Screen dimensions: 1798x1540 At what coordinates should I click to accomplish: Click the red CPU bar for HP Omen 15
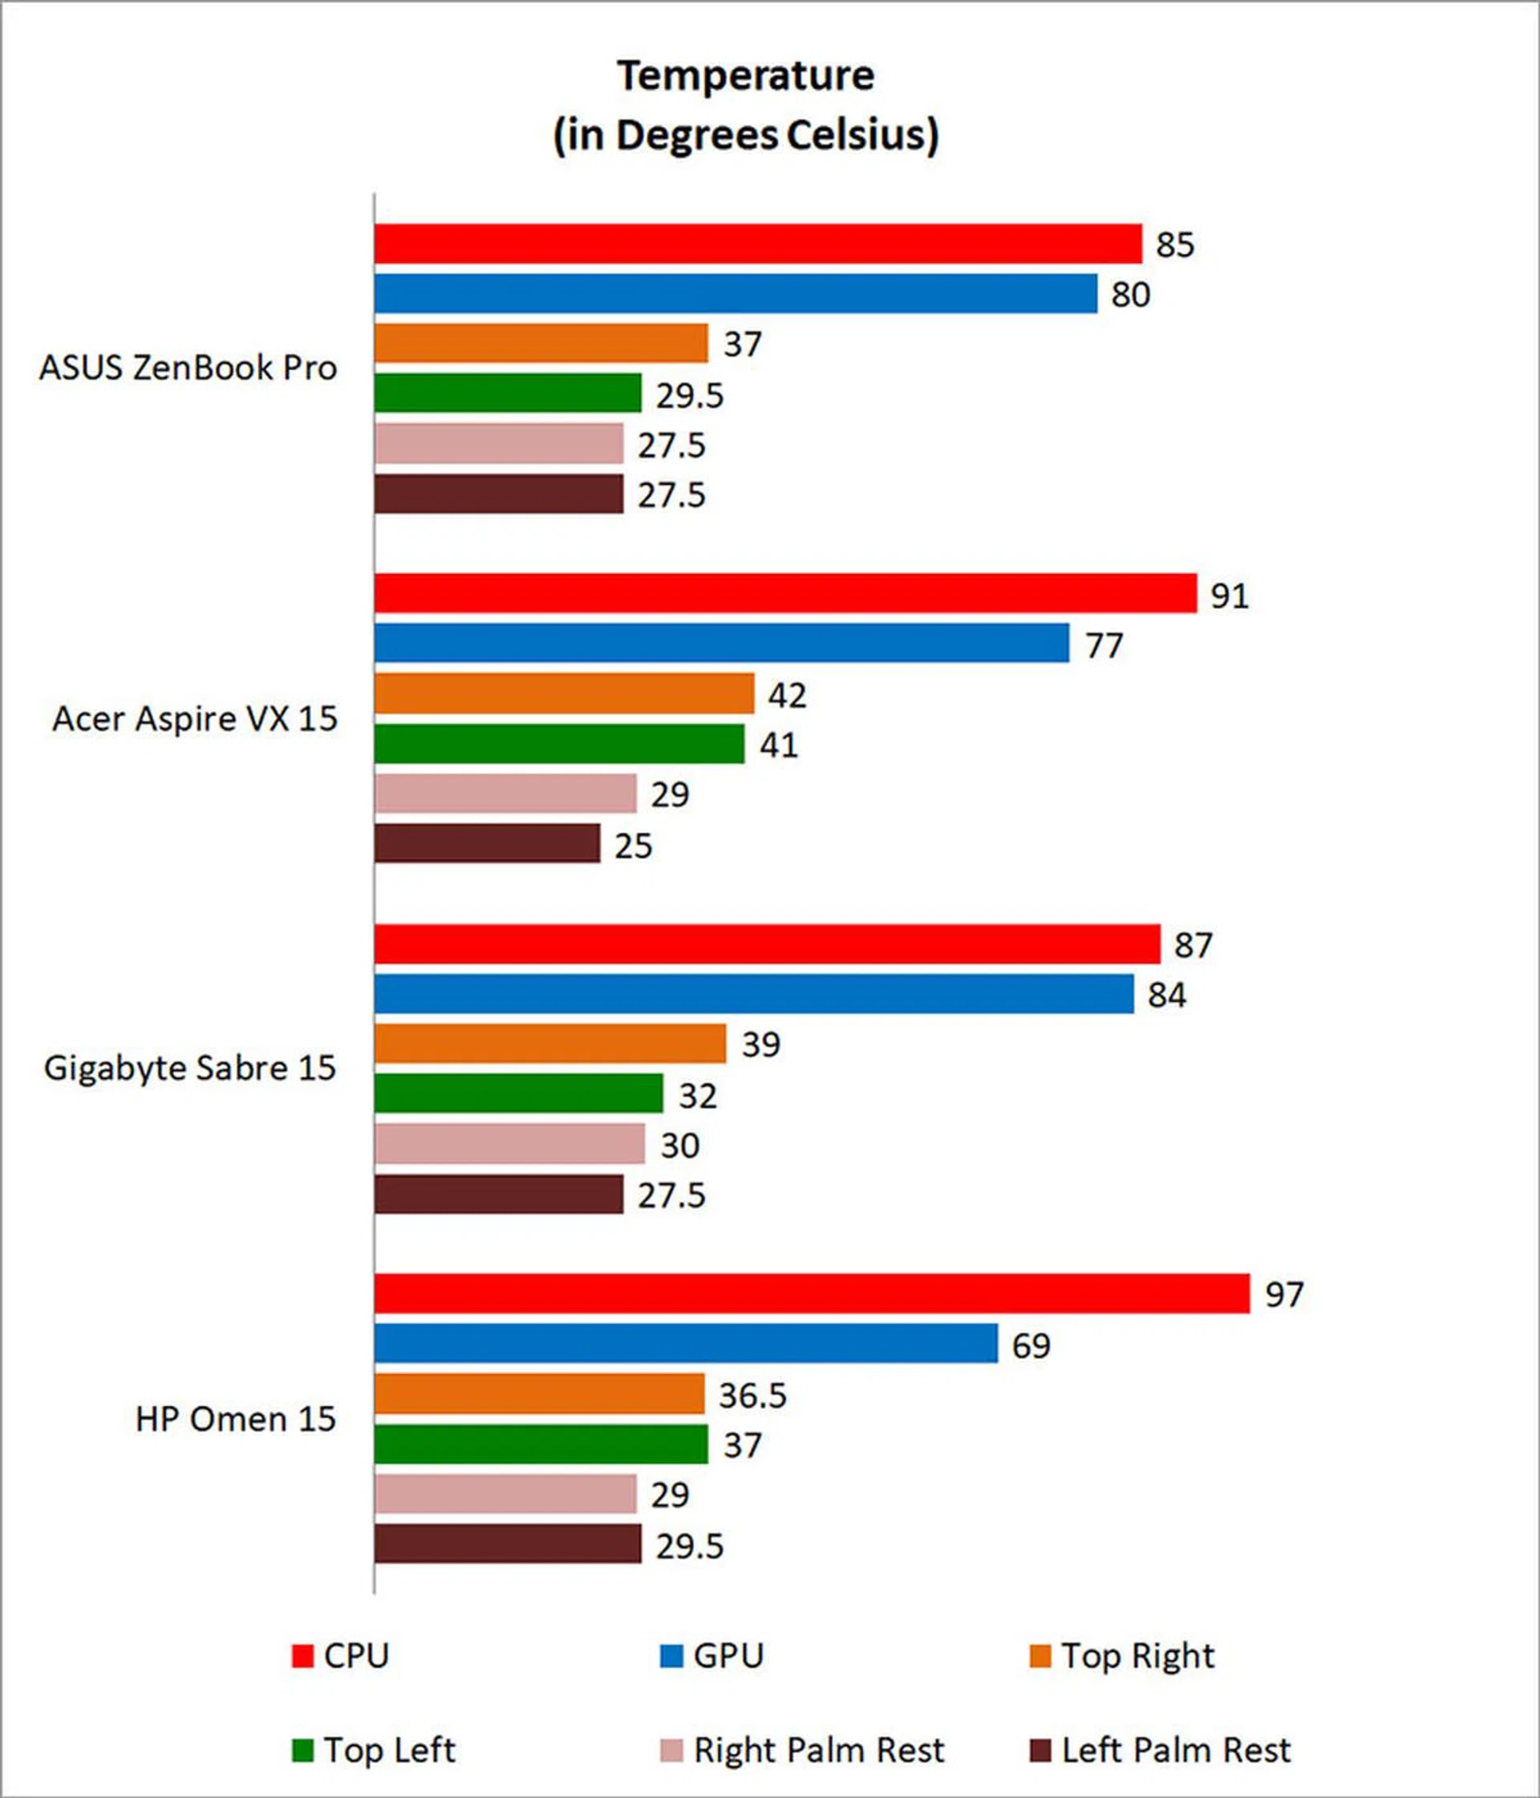(812, 1294)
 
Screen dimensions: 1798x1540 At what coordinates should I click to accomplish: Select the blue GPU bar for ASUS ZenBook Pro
(736, 293)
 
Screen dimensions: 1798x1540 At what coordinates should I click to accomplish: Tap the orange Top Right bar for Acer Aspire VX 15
(564, 693)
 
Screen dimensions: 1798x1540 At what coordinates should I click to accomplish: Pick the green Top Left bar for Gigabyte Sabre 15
(518, 1093)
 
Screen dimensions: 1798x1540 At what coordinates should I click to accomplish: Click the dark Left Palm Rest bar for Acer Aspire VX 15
(487, 843)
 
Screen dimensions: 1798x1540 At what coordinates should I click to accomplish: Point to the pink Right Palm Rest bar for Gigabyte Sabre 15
(509, 1144)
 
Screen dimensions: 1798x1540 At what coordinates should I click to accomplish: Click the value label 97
(1284, 1295)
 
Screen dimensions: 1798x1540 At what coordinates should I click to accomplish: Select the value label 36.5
(752, 1396)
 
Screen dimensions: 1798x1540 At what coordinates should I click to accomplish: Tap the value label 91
(1230, 596)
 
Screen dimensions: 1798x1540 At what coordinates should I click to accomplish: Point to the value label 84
(1166, 996)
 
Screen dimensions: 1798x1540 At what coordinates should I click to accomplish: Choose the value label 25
(633, 846)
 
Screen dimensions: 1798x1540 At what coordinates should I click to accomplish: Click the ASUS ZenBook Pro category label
(188, 368)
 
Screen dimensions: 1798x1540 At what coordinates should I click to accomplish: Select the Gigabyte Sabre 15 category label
(189, 1069)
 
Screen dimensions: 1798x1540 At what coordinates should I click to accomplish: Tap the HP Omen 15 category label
(235, 1419)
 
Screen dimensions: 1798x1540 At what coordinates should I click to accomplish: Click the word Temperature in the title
(746, 76)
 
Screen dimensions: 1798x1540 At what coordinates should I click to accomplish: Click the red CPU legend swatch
(302, 1655)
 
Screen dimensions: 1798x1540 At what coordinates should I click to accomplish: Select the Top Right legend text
(1137, 1655)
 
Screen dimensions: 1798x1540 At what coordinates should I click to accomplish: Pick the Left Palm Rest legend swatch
(1040, 1750)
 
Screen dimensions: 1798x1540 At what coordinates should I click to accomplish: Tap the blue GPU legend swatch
(671, 1655)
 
